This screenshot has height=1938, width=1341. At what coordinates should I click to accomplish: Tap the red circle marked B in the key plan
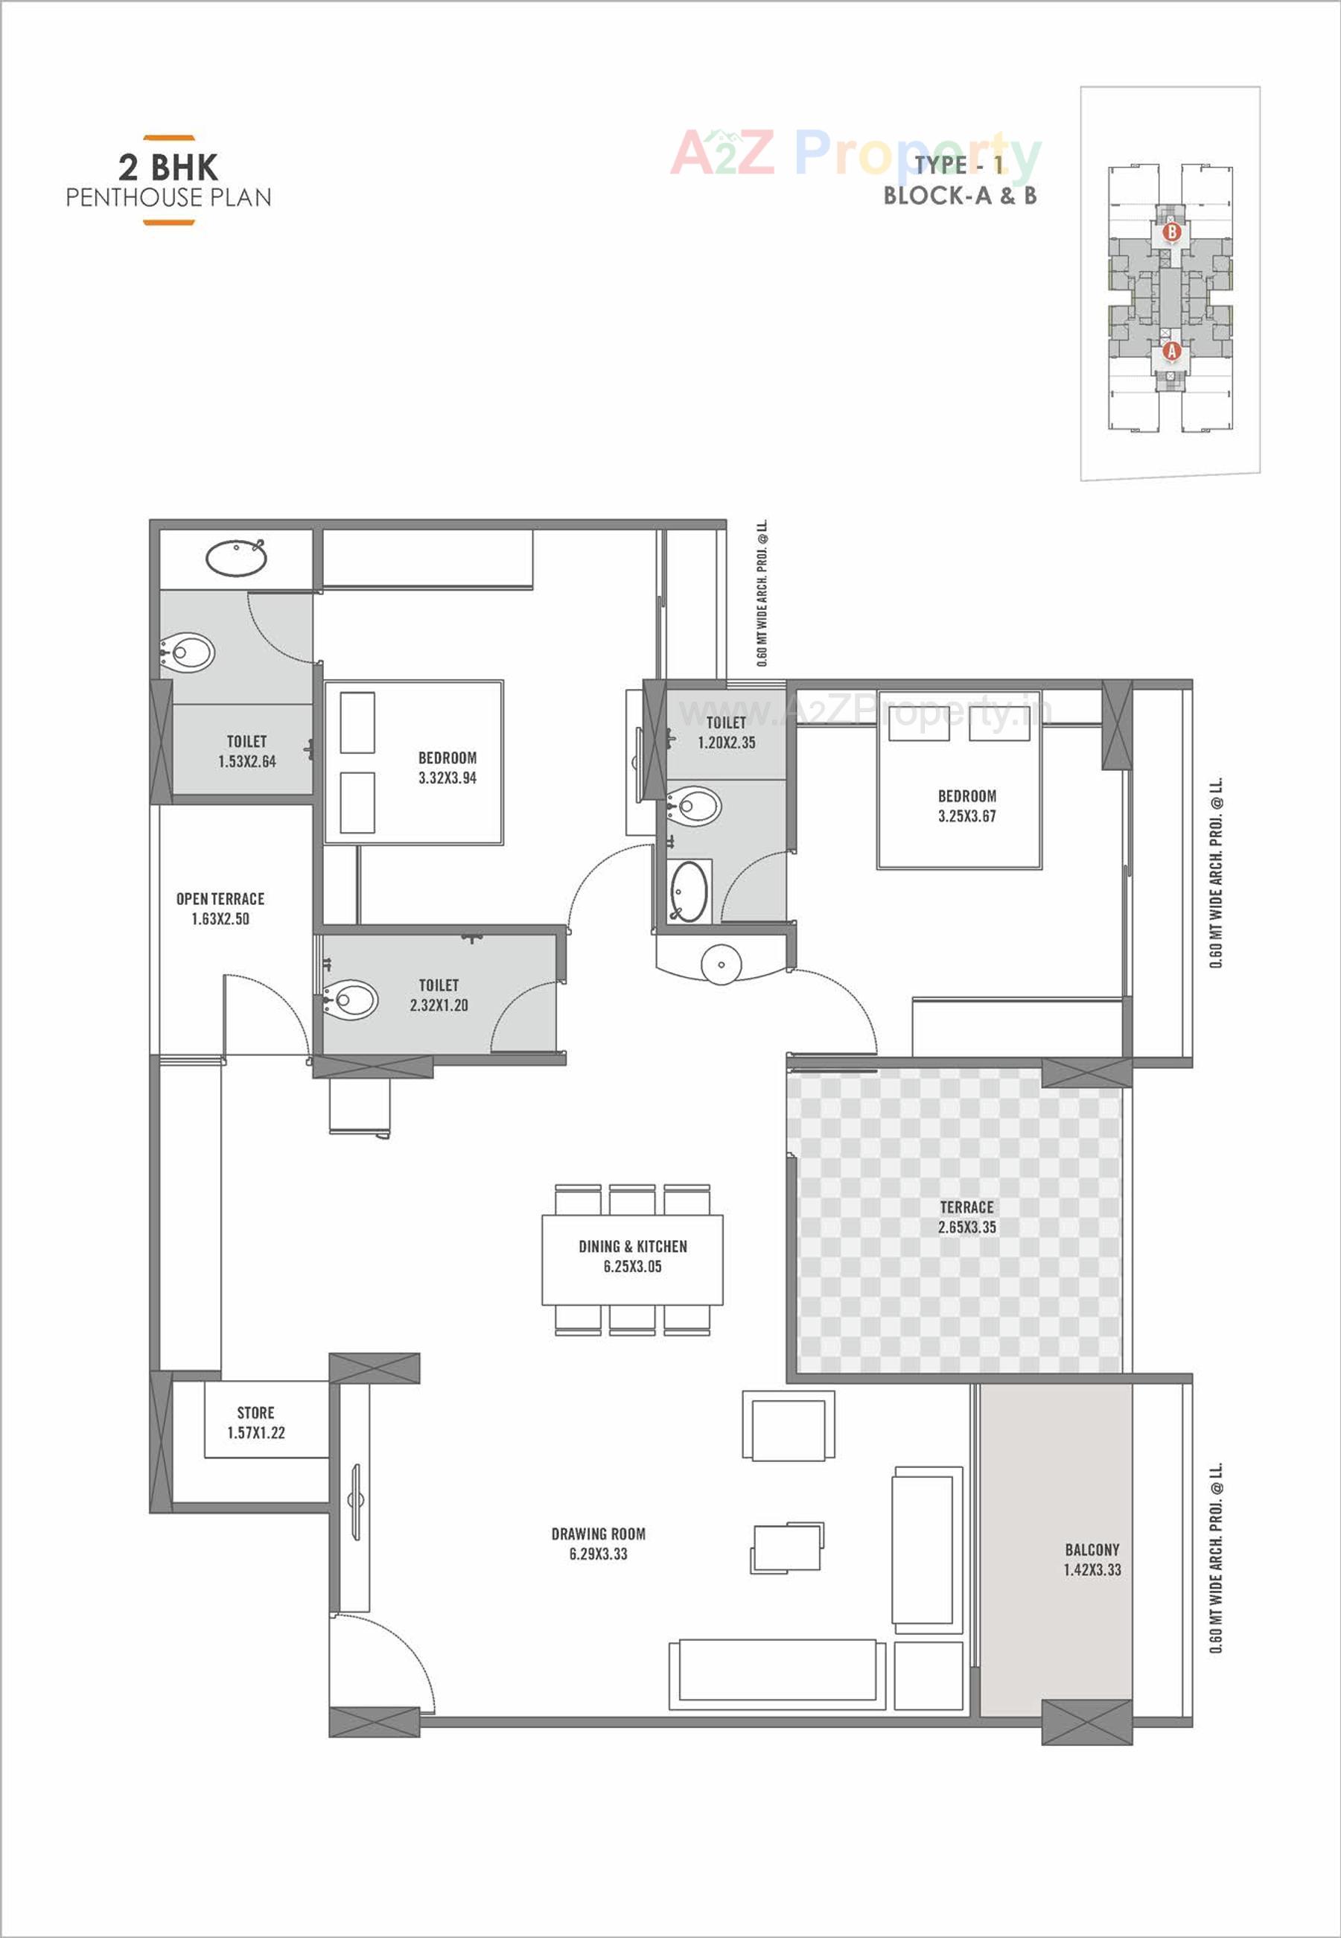(x=1172, y=230)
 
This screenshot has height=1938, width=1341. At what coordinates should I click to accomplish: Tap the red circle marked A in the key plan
(x=1171, y=352)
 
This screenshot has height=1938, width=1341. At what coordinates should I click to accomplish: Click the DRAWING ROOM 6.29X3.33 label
(x=598, y=1543)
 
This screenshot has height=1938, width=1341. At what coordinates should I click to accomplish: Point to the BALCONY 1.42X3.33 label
(x=1092, y=1559)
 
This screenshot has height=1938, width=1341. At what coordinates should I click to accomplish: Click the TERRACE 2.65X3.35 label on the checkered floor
(x=966, y=1216)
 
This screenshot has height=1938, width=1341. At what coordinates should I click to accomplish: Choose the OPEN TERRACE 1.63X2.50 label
(x=220, y=909)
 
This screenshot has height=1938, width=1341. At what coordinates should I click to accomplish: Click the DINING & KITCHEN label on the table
(x=632, y=1256)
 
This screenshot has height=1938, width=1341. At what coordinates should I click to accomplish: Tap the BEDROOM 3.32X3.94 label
(x=447, y=767)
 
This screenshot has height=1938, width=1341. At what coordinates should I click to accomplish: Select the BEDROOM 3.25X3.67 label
(x=966, y=805)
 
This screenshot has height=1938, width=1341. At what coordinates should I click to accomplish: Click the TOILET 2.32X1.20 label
(x=439, y=994)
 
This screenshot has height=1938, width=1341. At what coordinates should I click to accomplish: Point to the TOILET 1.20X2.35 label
(x=726, y=732)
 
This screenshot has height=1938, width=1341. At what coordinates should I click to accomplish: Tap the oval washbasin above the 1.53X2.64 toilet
(x=236, y=558)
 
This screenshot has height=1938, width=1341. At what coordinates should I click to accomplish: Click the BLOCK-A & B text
(x=960, y=196)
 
